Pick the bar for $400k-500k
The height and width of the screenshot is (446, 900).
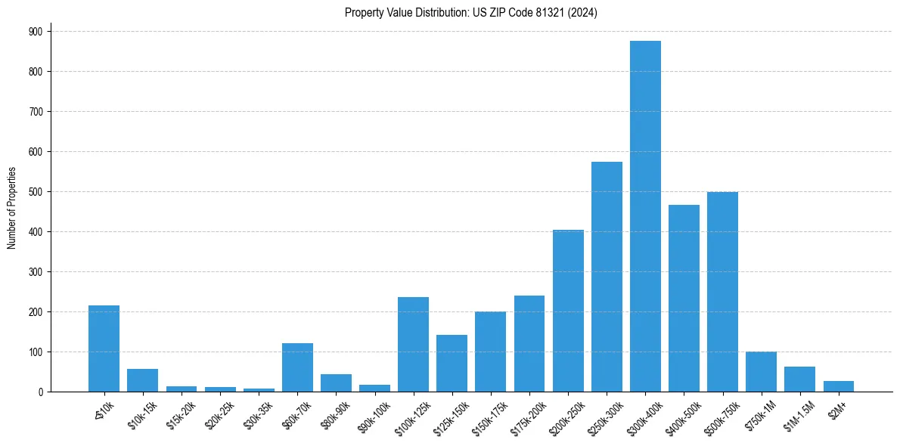click(684, 298)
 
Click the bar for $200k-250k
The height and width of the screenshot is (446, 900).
click(568, 311)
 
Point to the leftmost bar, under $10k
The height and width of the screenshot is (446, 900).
click(104, 348)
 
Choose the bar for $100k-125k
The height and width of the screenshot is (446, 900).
click(413, 344)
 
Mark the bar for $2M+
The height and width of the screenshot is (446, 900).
click(838, 386)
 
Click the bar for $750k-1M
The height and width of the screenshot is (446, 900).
click(761, 371)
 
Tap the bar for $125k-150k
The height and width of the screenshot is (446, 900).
click(452, 363)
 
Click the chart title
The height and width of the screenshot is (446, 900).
click(470, 13)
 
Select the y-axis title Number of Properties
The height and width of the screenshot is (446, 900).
click(11, 207)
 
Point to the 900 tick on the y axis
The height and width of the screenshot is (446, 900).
click(35, 31)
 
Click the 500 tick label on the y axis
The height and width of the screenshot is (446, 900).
click(35, 191)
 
